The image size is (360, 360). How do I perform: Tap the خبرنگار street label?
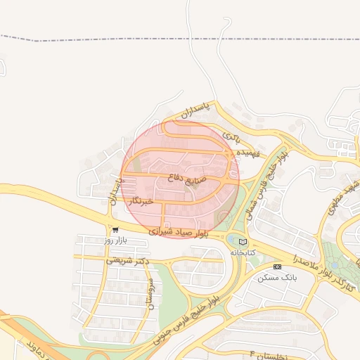pyautogui.click(x=141, y=202)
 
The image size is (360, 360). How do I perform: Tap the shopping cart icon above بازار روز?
pyautogui.click(x=115, y=229)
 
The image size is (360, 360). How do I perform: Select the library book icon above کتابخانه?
pyautogui.click(x=243, y=241)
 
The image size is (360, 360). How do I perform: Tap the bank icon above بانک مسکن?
pyautogui.click(x=277, y=266)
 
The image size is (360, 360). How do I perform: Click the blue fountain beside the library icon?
pyautogui.click(x=233, y=240)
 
